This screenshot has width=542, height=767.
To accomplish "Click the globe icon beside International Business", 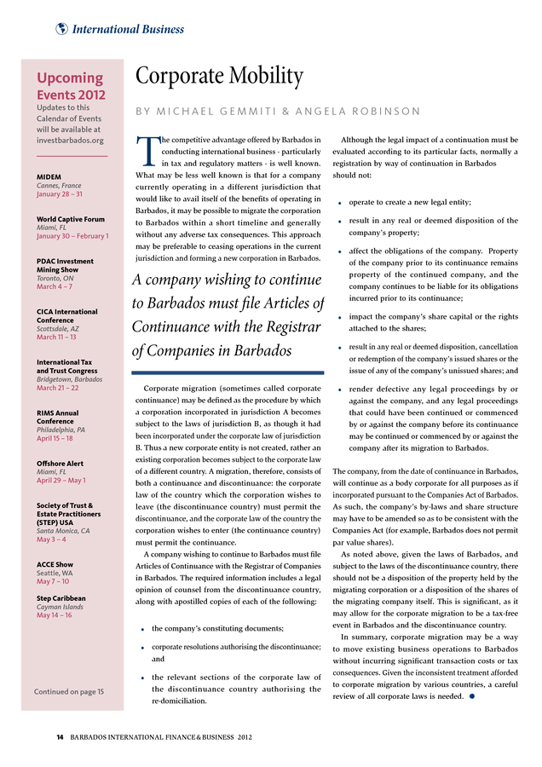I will [x=61, y=29].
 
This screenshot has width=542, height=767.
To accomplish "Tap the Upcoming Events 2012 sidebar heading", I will [x=71, y=86].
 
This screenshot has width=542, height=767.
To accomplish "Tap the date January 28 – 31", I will [x=60, y=194].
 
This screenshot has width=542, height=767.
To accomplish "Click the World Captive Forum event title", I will [x=71, y=219].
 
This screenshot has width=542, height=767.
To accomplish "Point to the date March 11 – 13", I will [x=56, y=337].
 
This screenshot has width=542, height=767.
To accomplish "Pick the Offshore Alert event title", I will [x=60, y=464].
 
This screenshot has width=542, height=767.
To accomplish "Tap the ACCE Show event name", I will [x=55, y=564].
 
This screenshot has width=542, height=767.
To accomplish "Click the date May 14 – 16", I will [x=54, y=615].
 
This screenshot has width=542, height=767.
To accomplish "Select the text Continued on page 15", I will [x=69, y=691].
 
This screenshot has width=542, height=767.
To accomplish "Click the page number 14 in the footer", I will [x=60, y=735].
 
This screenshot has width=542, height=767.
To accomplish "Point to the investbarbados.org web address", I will [x=70, y=140].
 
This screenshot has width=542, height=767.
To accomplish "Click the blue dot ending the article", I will [x=470, y=696].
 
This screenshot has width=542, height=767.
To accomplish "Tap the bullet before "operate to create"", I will [x=340, y=204].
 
